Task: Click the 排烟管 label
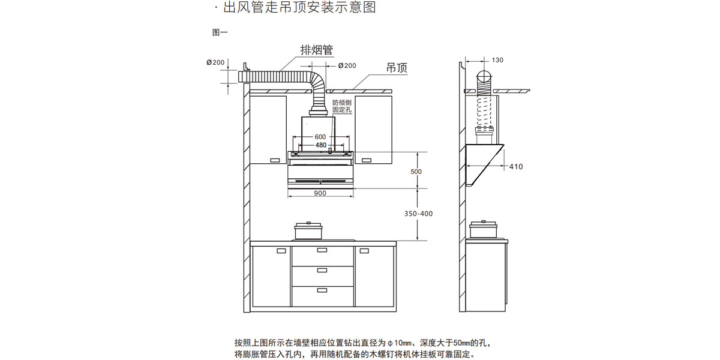click(x=316, y=50)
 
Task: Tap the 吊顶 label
click(x=396, y=68)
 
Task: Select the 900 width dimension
click(x=320, y=193)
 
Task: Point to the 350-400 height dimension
click(x=418, y=214)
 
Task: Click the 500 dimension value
click(x=416, y=172)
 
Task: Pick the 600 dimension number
click(x=320, y=137)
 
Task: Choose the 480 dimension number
click(x=320, y=145)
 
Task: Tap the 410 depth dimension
click(x=515, y=166)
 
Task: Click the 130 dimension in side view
click(x=497, y=60)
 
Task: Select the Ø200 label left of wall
click(x=215, y=62)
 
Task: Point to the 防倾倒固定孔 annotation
click(x=341, y=106)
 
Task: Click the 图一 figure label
click(x=220, y=32)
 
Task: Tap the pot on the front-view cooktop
click(x=309, y=232)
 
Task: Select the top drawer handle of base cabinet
click(x=322, y=250)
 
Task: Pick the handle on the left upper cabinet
click(x=275, y=160)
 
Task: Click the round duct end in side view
click(x=484, y=77)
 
